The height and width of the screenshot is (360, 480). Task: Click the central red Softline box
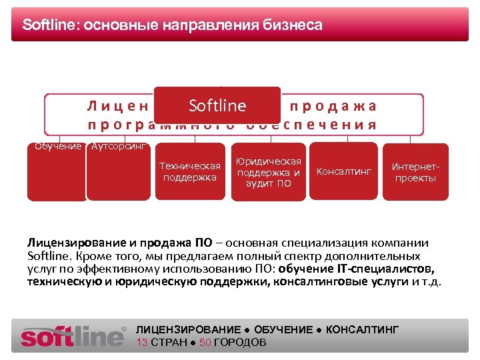(x=217, y=105)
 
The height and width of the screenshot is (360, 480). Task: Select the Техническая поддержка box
(x=189, y=171)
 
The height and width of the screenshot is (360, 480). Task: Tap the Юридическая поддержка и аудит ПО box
(x=269, y=172)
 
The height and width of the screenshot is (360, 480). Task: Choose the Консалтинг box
(x=343, y=171)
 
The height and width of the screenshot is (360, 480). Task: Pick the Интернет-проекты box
(x=415, y=172)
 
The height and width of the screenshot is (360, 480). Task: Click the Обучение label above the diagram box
(x=58, y=146)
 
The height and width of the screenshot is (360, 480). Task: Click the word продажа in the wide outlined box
(x=334, y=105)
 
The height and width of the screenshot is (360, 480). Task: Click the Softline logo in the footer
(x=73, y=335)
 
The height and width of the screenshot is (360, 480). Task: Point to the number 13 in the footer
(x=142, y=343)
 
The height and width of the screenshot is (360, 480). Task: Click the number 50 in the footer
(x=205, y=343)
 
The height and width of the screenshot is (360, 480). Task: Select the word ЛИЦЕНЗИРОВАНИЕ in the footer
(x=188, y=330)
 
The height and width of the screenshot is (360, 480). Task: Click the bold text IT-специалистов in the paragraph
(x=390, y=269)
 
